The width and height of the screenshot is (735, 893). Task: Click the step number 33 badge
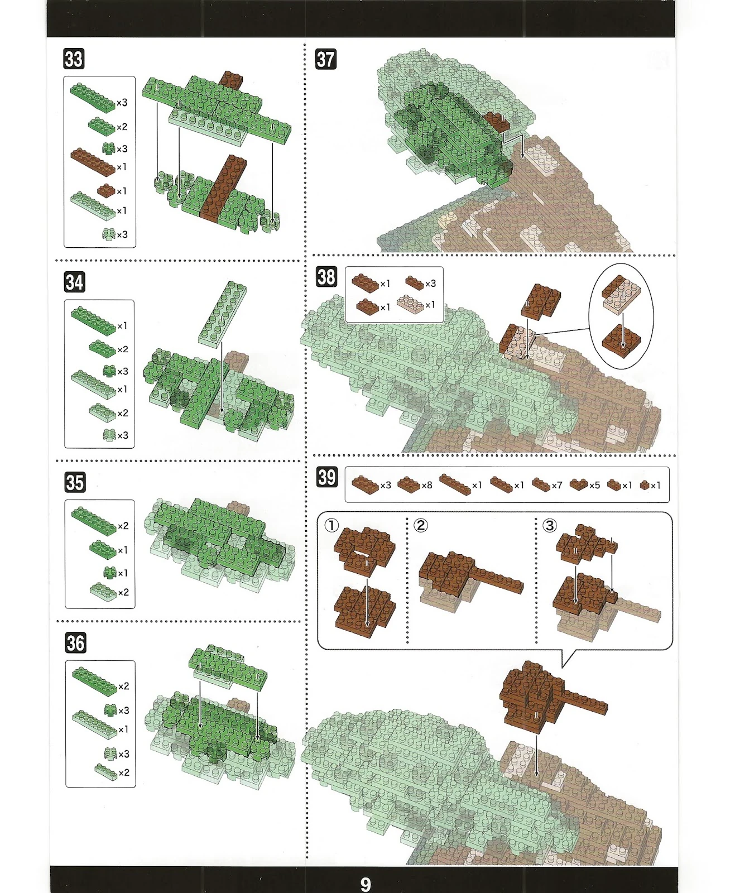74,59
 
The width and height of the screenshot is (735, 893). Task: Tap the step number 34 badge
75,282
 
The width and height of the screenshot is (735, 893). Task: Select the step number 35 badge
75,482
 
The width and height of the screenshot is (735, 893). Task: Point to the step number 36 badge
75,643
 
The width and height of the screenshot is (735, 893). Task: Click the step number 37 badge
326,59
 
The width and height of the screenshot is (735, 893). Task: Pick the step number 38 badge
326,277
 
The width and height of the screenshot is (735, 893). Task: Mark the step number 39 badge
327,477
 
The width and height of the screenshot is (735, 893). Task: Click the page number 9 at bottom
366,884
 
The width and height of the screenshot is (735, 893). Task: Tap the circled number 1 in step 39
332,525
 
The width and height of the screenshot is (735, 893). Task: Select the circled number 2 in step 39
420,525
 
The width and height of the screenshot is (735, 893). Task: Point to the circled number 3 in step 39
550,525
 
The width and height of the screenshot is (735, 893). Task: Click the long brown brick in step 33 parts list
93,162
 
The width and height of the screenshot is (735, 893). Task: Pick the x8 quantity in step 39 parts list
427,485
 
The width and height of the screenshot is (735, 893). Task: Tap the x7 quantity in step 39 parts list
557,485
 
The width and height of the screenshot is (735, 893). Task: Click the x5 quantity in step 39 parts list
595,485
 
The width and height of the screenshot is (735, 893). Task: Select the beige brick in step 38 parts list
410,305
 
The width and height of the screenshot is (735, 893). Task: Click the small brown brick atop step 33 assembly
232,80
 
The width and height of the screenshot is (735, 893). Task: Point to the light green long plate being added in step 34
223,314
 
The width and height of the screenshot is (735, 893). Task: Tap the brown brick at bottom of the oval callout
622,341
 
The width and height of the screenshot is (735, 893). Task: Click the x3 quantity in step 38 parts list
431,284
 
